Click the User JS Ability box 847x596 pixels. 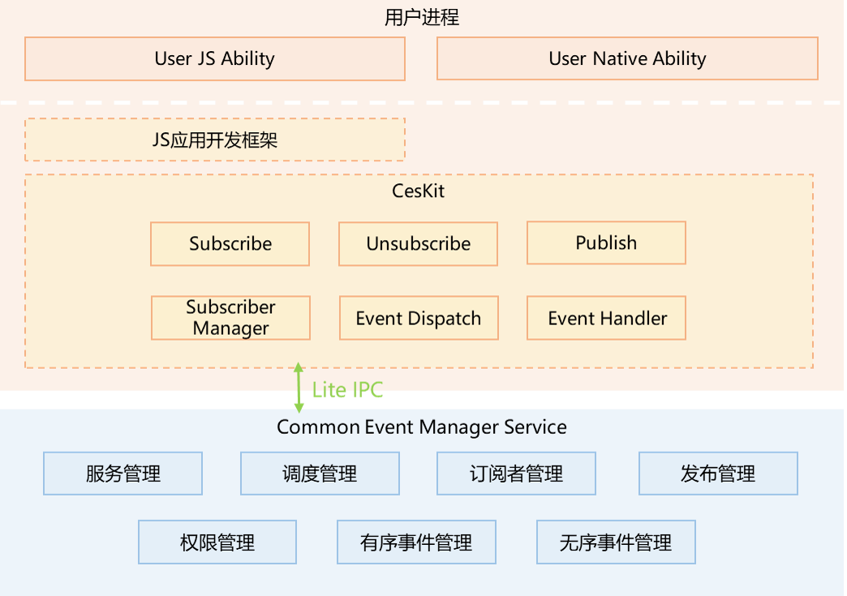click(x=214, y=59)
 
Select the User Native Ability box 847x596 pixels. click(x=627, y=59)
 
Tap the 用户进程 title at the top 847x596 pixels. click(x=422, y=17)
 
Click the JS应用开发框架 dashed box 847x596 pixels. click(x=214, y=139)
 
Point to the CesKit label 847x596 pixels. click(x=419, y=191)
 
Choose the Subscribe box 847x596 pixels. click(x=230, y=244)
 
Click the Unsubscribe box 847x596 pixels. click(x=418, y=244)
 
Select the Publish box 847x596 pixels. click(x=606, y=243)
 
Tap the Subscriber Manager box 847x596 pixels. click(x=230, y=318)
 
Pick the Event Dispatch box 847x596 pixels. click(x=418, y=319)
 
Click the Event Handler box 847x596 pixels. click(x=607, y=319)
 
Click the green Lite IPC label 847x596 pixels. click(x=347, y=390)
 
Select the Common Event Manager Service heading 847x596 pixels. click(x=422, y=427)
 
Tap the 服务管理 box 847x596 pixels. click(x=123, y=474)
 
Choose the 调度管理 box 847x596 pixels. click(x=320, y=474)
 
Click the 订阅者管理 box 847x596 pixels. click(x=516, y=474)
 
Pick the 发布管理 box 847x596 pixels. click(x=718, y=474)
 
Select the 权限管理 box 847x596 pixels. click(x=217, y=542)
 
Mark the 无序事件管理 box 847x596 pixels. click(x=616, y=542)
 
